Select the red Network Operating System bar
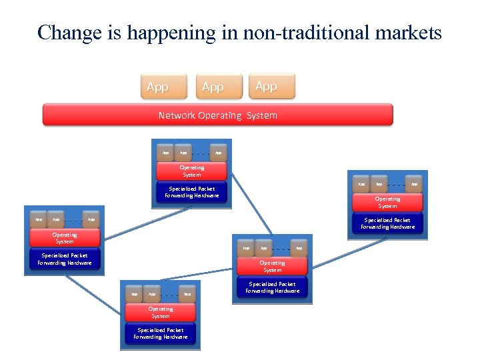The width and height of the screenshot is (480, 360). pyautogui.click(x=217, y=115)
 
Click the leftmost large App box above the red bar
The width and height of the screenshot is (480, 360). pyautogui.click(x=164, y=87)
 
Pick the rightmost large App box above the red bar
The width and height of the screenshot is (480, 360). pyautogui.click(x=271, y=86)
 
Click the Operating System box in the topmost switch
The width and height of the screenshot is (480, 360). pyautogui.click(x=192, y=171)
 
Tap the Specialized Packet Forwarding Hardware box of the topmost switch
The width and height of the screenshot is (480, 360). pyautogui.click(x=192, y=192)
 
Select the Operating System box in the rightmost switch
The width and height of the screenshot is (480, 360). pyautogui.click(x=387, y=202)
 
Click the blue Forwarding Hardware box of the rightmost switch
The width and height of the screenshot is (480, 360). pyautogui.click(x=387, y=223)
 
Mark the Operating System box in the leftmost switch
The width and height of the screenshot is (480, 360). pyautogui.click(x=65, y=237)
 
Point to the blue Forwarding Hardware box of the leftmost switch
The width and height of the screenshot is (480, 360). pyautogui.click(x=65, y=259)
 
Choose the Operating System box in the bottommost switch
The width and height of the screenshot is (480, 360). pyautogui.click(x=160, y=312)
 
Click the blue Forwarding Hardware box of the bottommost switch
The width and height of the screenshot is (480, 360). pyautogui.click(x=160, y=333)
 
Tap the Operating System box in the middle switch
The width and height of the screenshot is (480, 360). pyautogui.click(x=272, y=266)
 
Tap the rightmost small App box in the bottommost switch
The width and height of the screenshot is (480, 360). pyautogui.click(x=187, y=293)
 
